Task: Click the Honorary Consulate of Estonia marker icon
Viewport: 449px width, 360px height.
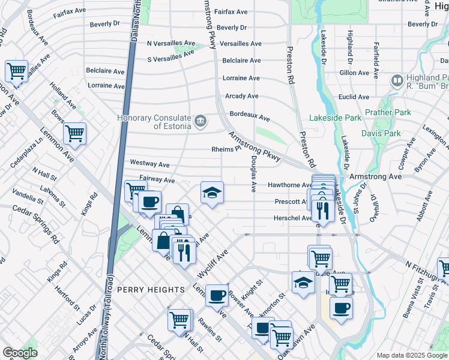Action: click(x=201, y=121)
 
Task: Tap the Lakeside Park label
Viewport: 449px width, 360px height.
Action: click(x=336, y=118)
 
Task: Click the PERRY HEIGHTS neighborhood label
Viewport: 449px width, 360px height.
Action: click(x=151, y=290)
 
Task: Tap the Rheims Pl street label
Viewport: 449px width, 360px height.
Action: click(x=226, y=149)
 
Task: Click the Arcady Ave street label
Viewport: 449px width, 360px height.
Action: click(x=241, y=96)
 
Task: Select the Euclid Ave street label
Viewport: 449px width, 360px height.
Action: click(x=354, y=97)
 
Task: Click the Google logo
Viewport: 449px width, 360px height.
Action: click(x=20, y=352)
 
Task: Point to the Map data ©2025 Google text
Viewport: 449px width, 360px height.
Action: click(x=412, y=355)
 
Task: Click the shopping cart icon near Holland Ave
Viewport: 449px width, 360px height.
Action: click(x=74, y=133)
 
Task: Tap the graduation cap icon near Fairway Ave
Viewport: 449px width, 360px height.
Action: click(x=212, y=192)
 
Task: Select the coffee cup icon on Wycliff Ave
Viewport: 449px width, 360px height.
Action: click(x=217, y=295)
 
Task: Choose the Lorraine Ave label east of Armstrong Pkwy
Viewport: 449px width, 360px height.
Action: click(x=241, y=78)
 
